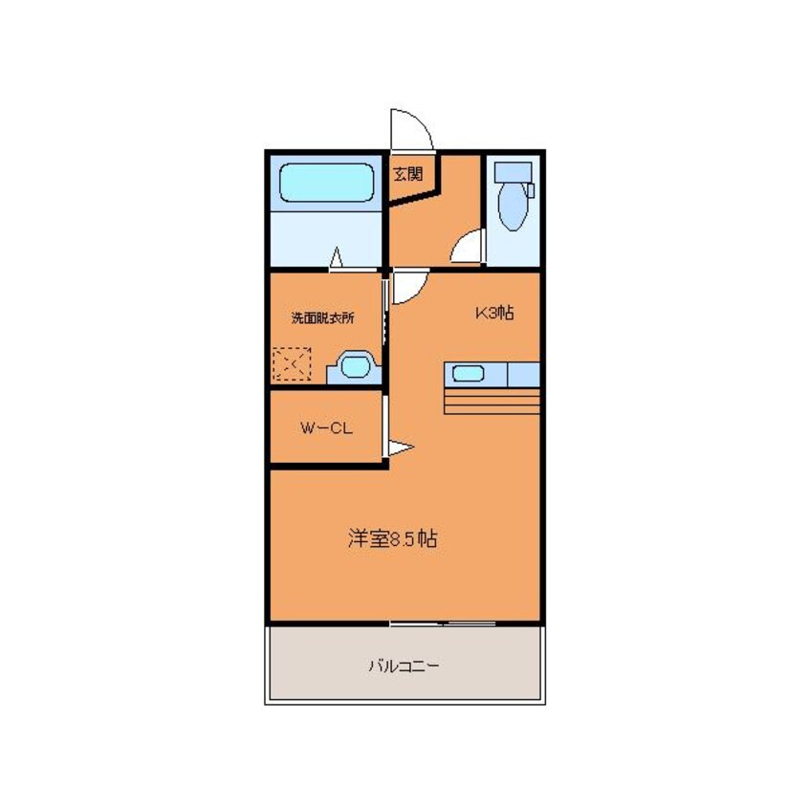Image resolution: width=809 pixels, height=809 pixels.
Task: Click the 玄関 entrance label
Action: pyautogui.click(x=407, y=175)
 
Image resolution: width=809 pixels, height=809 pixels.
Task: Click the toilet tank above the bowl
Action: pyautogui.click(x=513, y=173)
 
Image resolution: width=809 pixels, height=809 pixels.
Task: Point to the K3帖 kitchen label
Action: pyautogui.click(x=495, y=313)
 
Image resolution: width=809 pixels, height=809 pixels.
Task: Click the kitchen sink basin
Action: pyautogui.click(x=468, y=373)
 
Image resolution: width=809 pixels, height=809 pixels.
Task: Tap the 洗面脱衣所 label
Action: pyautogui.click(x=322, y=317)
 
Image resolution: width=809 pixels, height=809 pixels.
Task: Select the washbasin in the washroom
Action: pyautogui.click(x=354, y=367)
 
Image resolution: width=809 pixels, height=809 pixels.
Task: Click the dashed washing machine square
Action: pyautogui.click(x=291, y=364)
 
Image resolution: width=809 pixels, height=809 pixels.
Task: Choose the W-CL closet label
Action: pyautogui.click(x=327, y=428)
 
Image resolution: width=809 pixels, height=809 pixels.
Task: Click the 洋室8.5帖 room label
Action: pyautogui.click(x=392, y=539)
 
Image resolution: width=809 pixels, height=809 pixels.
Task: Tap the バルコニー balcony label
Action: pyautogui.click(x=404, y=666)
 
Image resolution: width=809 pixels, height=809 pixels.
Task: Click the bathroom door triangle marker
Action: pyautogui.click(x=336, y=258)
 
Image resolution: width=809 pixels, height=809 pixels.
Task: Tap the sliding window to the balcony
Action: pyautogui.click(x=443, y=623)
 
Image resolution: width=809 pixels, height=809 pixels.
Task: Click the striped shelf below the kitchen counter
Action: pyautogui.click(x=492, y=401)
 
